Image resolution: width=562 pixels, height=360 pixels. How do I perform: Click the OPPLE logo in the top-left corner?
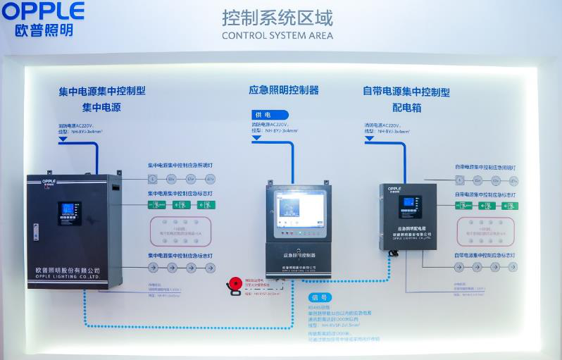43,11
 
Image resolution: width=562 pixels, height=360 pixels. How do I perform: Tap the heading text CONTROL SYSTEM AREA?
277,35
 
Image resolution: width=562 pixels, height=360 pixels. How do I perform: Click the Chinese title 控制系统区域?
277,18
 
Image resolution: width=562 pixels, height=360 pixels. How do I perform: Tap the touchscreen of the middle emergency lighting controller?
299,210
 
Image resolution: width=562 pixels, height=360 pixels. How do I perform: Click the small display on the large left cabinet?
69,212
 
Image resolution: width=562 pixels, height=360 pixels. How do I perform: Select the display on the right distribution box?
410,206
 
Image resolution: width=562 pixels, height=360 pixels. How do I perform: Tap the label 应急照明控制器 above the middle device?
284,90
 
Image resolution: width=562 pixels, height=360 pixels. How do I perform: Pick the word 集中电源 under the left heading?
101,107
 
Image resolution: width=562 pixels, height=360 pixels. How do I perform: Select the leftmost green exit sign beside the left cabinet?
158,205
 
